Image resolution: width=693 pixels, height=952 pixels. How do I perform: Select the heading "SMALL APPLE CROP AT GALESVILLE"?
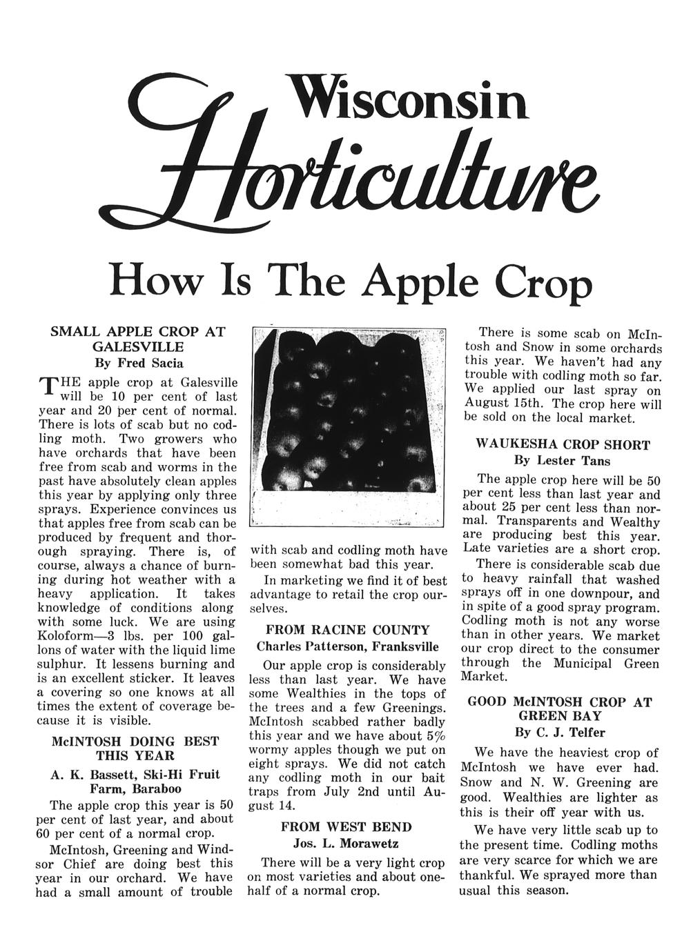139,338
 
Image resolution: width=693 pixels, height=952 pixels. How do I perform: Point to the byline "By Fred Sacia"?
139,362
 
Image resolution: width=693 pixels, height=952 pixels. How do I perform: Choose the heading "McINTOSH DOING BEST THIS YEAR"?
136,748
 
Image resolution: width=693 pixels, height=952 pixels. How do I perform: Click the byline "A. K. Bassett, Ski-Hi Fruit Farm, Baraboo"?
136,781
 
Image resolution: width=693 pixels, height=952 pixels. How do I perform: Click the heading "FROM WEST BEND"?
347,826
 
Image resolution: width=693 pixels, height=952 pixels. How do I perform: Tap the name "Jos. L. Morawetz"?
347,843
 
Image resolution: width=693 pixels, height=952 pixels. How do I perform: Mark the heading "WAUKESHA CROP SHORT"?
563,445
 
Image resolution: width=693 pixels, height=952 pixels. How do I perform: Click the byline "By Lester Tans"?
563,460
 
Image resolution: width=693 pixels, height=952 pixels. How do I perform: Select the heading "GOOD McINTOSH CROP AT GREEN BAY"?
560,708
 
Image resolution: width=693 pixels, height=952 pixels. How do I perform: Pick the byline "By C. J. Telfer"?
560,732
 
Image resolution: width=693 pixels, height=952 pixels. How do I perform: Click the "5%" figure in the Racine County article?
435,735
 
